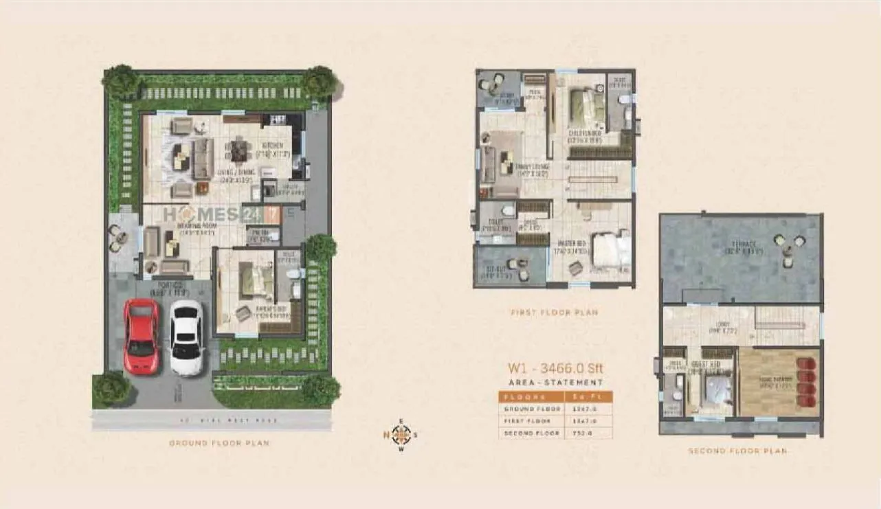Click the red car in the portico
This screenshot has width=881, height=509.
point(141,335)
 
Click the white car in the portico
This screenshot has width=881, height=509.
point(186,337)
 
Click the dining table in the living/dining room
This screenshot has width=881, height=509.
point(238,149)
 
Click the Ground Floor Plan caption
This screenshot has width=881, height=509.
point(219,443)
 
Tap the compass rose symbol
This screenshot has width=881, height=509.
point(402,434)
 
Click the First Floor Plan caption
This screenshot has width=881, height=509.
point(554,313)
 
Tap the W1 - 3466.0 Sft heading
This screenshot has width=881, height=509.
point(555,369)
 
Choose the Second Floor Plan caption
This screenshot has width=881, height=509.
point(737,451)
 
